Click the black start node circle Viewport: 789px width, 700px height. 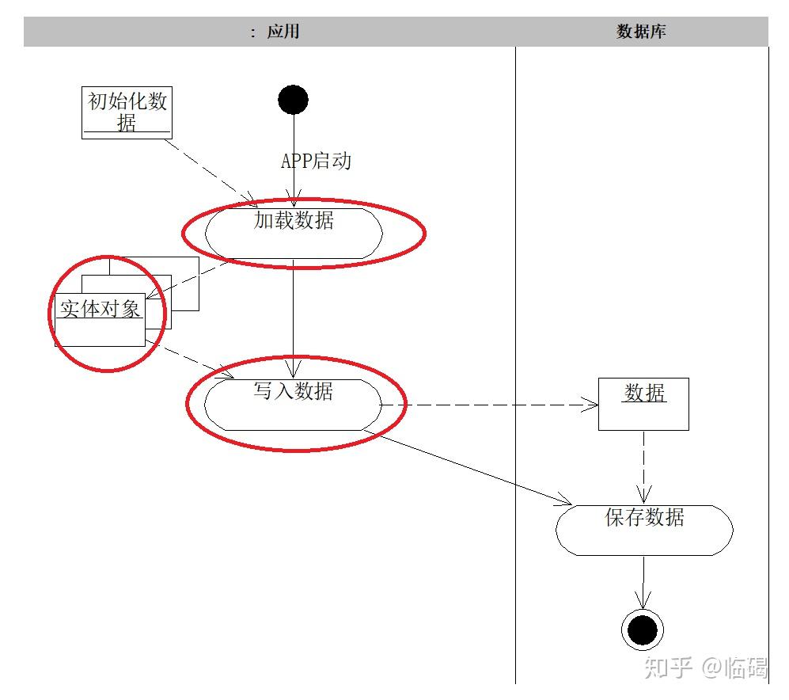coord(293,100)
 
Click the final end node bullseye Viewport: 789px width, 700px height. coord(642,630)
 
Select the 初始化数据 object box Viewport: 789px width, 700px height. coord(127,112)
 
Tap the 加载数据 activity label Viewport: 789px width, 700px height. coord(294,221)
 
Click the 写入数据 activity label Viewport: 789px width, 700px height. coord(294,391)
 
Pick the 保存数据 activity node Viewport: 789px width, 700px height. coord(644,530)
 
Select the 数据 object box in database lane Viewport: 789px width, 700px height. coord(643,404)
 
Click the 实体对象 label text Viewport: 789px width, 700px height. coord(101,309)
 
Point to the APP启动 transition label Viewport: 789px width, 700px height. coord(316,162)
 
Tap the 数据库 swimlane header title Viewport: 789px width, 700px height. coord(642,32)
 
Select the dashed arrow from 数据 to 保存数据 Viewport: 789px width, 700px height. coord(643,467)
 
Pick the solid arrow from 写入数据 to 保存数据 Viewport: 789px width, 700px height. coord(475,468)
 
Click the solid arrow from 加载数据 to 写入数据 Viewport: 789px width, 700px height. coord(294,317)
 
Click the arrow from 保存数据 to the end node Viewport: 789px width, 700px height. coord(643,582)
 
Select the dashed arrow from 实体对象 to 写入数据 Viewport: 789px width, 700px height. coord(190,360)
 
